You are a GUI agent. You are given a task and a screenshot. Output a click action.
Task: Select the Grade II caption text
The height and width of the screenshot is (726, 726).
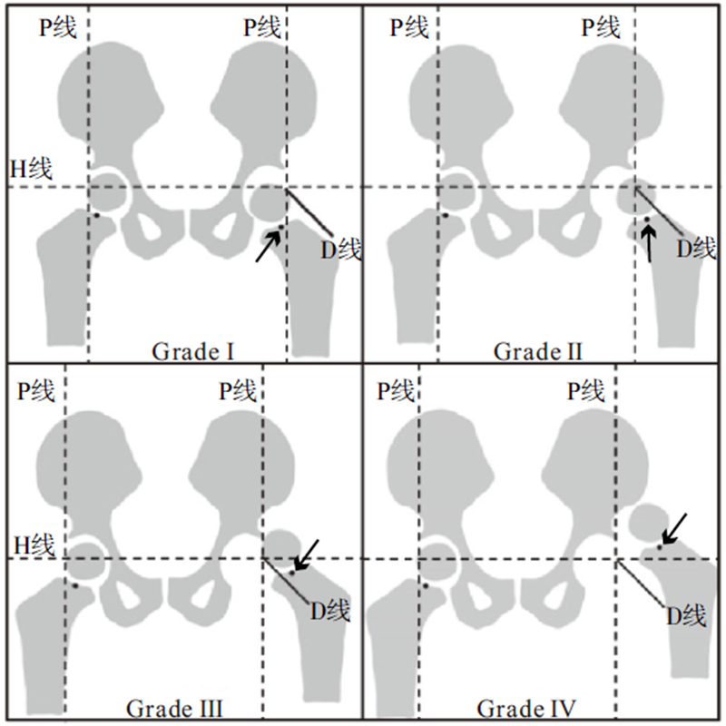[537, 350]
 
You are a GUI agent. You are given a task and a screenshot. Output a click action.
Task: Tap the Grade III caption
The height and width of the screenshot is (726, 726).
[175, 707]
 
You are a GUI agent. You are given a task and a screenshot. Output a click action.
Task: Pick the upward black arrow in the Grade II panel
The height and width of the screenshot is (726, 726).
[648, 242]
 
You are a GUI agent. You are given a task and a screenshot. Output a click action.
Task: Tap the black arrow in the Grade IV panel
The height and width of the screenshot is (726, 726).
[673, 528]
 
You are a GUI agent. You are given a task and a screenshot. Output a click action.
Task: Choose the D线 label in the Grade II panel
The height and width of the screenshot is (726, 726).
[696, 247]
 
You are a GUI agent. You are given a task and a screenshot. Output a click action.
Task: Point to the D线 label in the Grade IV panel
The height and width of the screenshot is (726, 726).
[685, 616]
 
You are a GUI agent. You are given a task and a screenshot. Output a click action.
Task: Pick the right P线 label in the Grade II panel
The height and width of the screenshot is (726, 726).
[601, 27]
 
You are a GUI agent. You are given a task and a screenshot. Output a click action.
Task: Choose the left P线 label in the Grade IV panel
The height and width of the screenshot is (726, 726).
[396, 392]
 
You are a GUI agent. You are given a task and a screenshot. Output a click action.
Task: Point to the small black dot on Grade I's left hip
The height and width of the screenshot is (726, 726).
[96, 214]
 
